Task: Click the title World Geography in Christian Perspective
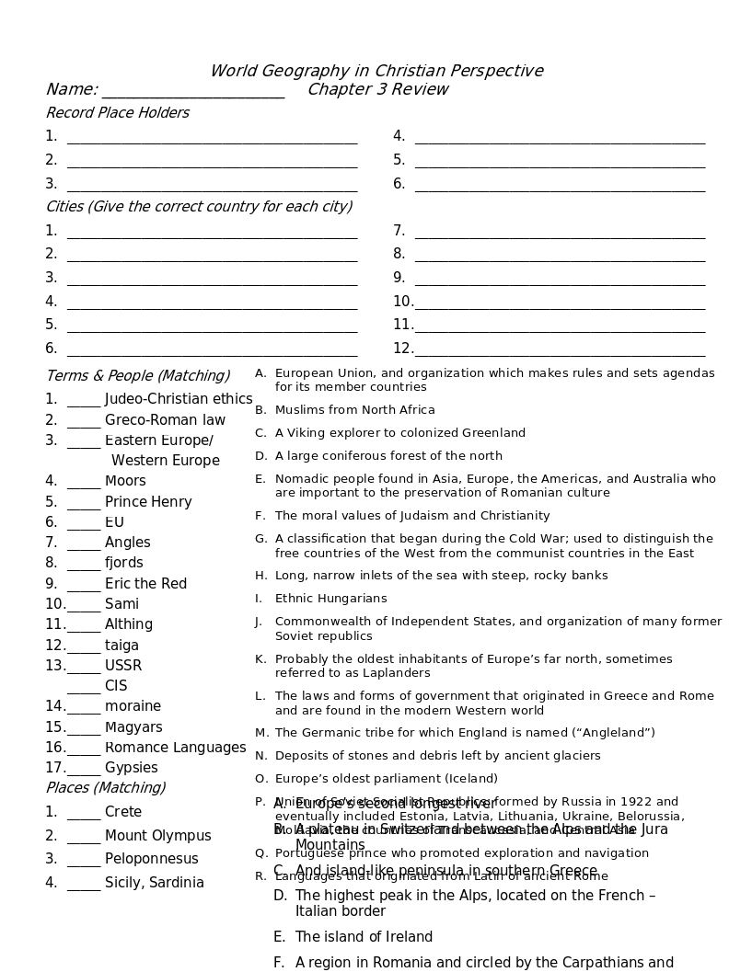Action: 376,71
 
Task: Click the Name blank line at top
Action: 193,92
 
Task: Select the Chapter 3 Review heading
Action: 377,89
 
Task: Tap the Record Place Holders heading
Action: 118,112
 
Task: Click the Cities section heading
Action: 199,206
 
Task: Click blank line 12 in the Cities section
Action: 560,350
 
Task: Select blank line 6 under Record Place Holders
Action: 560,186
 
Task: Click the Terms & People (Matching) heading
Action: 138,375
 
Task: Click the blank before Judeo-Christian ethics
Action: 84,401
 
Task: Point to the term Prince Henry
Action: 148,501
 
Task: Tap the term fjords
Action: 123,562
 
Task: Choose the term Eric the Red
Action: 145,583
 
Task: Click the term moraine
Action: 133,705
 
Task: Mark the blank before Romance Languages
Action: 84,749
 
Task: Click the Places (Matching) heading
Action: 106,787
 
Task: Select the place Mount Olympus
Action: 157,835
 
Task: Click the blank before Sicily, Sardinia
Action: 84,885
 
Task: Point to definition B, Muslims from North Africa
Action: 354,409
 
